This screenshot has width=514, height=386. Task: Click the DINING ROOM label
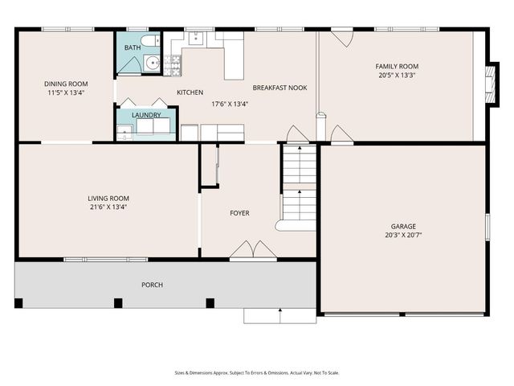click(66, 84)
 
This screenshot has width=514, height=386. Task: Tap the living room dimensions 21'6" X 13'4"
click(108, 207)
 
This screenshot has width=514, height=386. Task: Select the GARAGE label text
click(403, 227)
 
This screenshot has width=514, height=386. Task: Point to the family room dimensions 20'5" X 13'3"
click(398, 76)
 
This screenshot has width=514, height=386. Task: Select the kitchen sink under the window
click(195, 38)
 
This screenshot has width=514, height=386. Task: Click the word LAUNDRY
click(146, 115)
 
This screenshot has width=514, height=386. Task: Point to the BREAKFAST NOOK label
click(279, 88)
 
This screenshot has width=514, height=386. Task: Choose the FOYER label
click(239, 213)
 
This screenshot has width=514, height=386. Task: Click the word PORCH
click(152, 285)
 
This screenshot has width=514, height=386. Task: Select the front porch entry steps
click(280, 315)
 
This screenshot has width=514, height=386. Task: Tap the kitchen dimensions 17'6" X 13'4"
click(230, 104)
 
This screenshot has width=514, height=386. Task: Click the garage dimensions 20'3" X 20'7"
click(403, 236)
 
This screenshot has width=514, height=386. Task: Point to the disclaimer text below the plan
click(257, 372)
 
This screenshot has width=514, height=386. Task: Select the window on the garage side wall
click(487, 226)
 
